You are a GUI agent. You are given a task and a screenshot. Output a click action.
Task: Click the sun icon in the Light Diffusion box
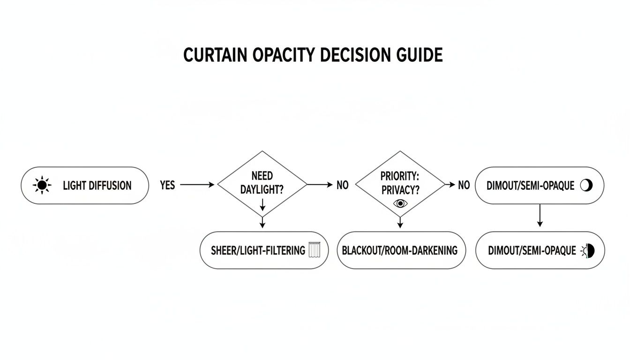(42, 186)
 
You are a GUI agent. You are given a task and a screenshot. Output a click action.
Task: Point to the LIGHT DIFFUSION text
(97, 186)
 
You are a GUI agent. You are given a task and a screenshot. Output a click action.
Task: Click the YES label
(167, 185)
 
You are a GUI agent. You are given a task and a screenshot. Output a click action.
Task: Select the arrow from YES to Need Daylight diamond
(197, 185)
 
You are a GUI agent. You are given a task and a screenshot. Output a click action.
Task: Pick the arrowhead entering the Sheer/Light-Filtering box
(262, 225)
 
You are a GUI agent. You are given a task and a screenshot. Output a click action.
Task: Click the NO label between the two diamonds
(343, 185)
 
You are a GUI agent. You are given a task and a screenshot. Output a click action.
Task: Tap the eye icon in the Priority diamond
(399, 203)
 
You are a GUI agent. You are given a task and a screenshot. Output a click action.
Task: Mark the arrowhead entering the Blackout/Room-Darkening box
(399, 225)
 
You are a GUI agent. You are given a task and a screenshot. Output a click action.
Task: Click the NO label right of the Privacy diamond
(464, 185)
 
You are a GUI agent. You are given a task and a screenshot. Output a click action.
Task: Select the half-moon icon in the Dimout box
(586, 185)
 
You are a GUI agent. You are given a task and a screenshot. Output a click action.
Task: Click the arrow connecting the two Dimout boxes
(540, 216)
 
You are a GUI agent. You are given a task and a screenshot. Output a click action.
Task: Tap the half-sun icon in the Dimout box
(588, 251)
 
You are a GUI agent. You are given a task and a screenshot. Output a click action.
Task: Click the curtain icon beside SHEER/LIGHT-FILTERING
(314, 250)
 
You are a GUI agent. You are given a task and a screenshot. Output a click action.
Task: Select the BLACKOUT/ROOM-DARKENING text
(399, 250)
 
